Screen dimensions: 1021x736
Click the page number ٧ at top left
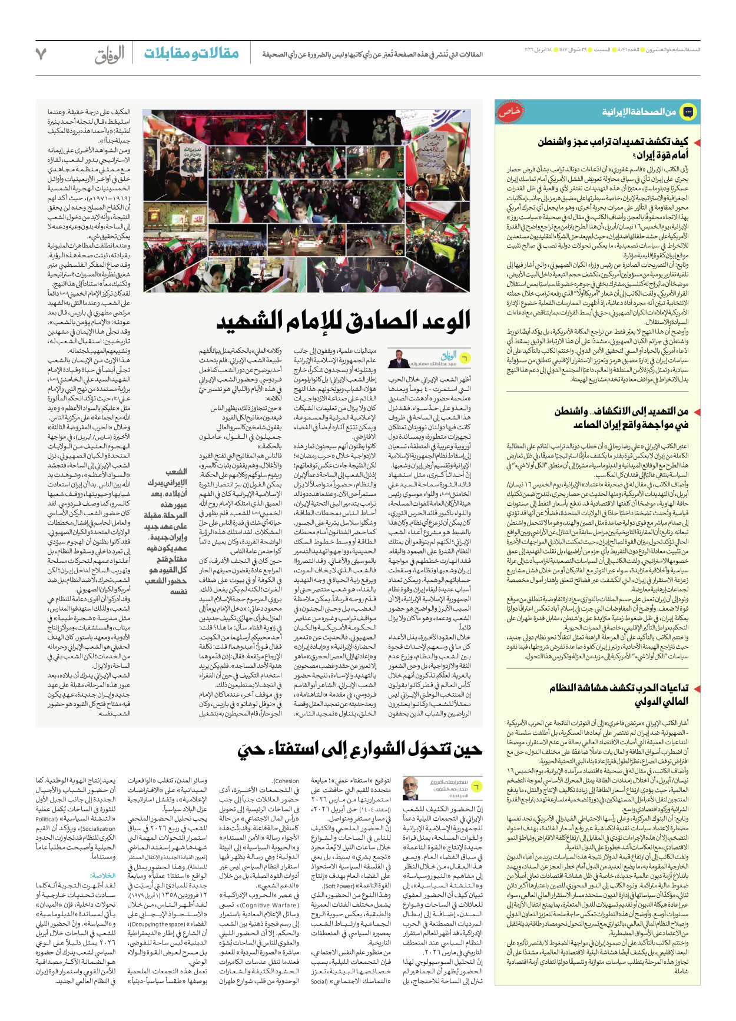tap(41, 54)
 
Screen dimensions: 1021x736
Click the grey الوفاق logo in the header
tap(110, 55)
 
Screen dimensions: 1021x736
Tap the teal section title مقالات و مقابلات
tap(191, 53)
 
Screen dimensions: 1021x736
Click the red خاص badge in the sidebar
tap(510, 112)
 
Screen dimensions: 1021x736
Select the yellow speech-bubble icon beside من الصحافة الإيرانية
tap(687, 111)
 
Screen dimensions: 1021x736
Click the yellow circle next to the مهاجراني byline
tap(465, 357)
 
